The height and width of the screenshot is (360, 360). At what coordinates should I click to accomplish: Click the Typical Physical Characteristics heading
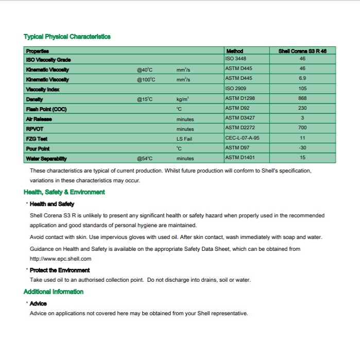coord(67,37)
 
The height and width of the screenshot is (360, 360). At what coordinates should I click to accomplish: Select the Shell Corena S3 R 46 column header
coord(302,51)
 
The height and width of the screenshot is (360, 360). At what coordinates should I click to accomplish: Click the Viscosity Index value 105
coord(302,89)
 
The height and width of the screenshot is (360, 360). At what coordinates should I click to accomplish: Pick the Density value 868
coord(302,98)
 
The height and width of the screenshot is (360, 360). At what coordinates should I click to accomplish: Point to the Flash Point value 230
coord(302,108)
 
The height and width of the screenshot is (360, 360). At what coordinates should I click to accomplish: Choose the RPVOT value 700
coord(302,128)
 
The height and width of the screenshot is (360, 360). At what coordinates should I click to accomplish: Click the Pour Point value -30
coord(302,148)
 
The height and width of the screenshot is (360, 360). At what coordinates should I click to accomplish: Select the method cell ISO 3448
coord(236,59)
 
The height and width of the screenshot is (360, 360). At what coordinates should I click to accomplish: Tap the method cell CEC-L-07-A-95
coord(243,138)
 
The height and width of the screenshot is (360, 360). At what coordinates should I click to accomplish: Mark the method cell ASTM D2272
coord(240,128)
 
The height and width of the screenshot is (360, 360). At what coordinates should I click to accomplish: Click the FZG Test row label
coord(37,139)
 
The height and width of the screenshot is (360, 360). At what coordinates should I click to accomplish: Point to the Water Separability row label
coord(46,158)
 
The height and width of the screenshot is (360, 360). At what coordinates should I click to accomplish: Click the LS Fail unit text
coord(183,139)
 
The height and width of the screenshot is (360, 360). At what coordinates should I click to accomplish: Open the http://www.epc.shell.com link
coord(60,259)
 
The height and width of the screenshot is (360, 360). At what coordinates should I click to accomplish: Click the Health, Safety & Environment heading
coord(64,192)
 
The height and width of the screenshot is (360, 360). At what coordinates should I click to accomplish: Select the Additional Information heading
coord(54,292)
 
